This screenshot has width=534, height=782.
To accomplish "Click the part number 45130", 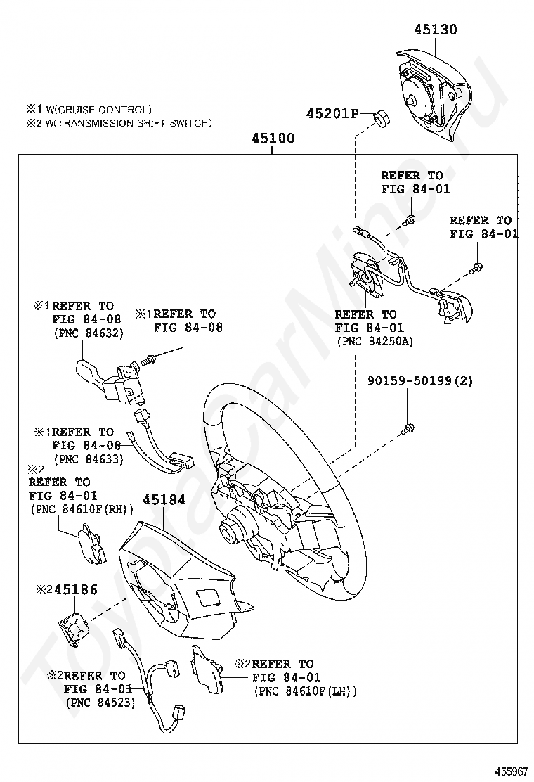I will (x=435, y=30).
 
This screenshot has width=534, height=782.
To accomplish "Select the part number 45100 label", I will (x=273, y=139).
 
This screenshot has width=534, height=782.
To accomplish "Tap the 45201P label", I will (x=332, y=114).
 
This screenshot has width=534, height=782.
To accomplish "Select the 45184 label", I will (x=164, y=500).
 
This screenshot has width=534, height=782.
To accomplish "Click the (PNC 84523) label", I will (x=100, y=701).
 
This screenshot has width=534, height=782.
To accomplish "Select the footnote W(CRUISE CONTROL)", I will (x=94, y=110).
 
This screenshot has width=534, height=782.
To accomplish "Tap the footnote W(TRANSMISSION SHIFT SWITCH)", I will (x=124, y=123).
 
